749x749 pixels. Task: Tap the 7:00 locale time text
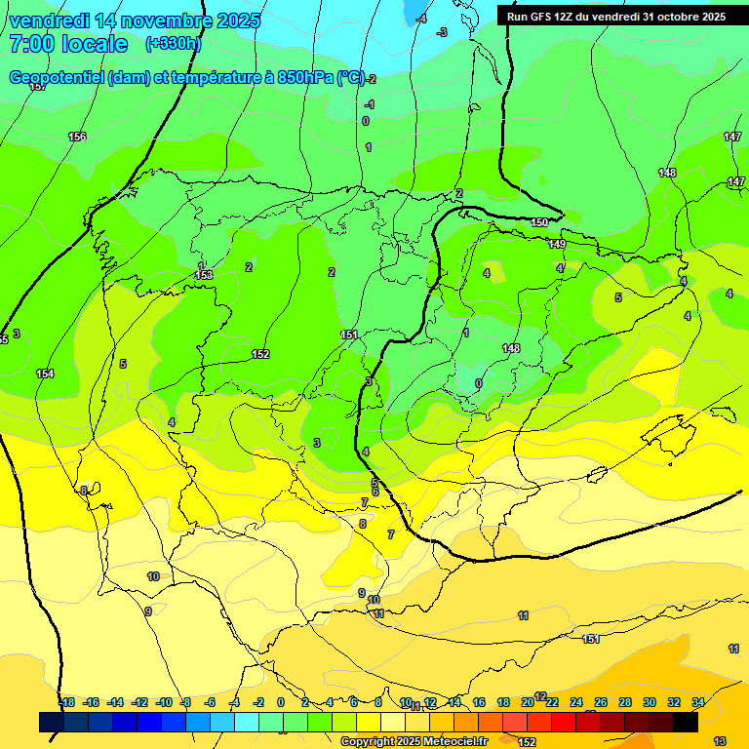tap(68, 45)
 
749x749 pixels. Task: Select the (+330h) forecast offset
tap(173, 44)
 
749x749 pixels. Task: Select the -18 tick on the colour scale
tap(66, 702)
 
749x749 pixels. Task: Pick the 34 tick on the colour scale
tap(698, 702)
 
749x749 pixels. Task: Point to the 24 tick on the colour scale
tap(576, 702)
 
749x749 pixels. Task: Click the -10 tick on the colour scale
tap(163, 702)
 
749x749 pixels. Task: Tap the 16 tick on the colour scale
tap(479, 702)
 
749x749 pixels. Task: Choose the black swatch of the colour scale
tap(686, 722)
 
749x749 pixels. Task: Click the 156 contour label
tap(77, 137)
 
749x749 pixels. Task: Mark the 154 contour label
tap(45, 374)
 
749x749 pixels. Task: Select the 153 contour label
tap(204, 276)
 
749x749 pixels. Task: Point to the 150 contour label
tap(539, 223)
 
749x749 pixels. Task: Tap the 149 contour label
tap(557, 244)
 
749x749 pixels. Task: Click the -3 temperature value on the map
tap(442, 32)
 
